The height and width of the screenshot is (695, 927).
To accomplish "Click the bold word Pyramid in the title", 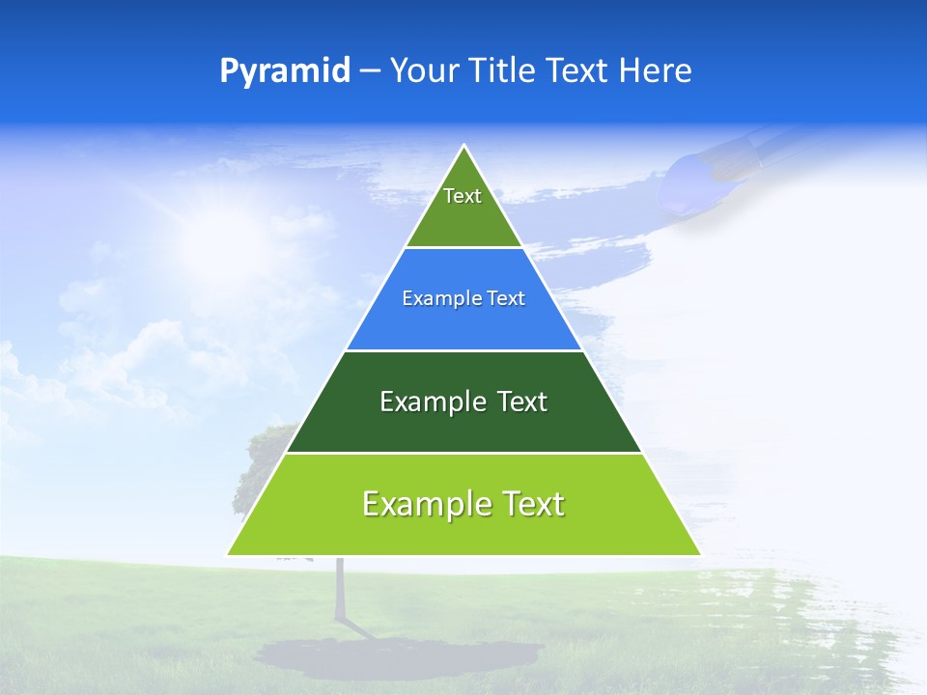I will click(x=284, y=71).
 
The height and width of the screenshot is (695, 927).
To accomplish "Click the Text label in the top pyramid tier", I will click(x=463, y=196).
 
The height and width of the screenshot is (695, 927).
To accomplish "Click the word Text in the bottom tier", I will click(x=532, y=504).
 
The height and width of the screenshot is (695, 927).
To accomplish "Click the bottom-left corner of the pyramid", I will click(x=228, y=555).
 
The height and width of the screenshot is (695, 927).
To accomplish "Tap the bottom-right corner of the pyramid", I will click(x=700, y=555).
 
